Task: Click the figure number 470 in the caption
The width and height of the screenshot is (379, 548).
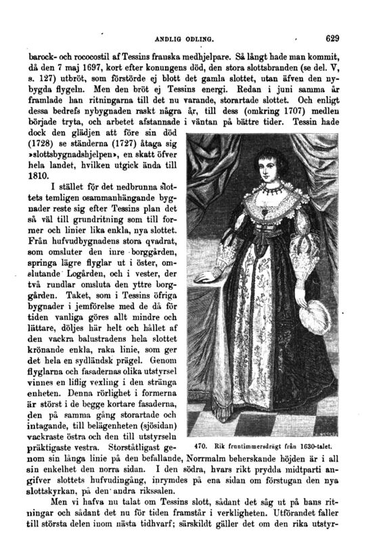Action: [x=201, y=446]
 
